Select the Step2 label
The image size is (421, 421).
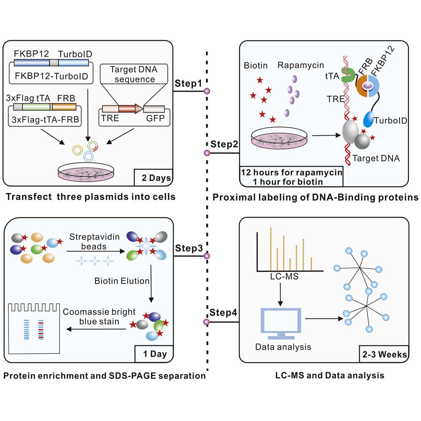click(x=224, y=144)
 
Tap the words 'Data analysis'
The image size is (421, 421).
click(x=283, y=347)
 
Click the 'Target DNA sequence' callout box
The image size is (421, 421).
click(x=133, y=74)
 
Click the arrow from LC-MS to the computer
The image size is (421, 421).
click(x=280, y=294)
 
